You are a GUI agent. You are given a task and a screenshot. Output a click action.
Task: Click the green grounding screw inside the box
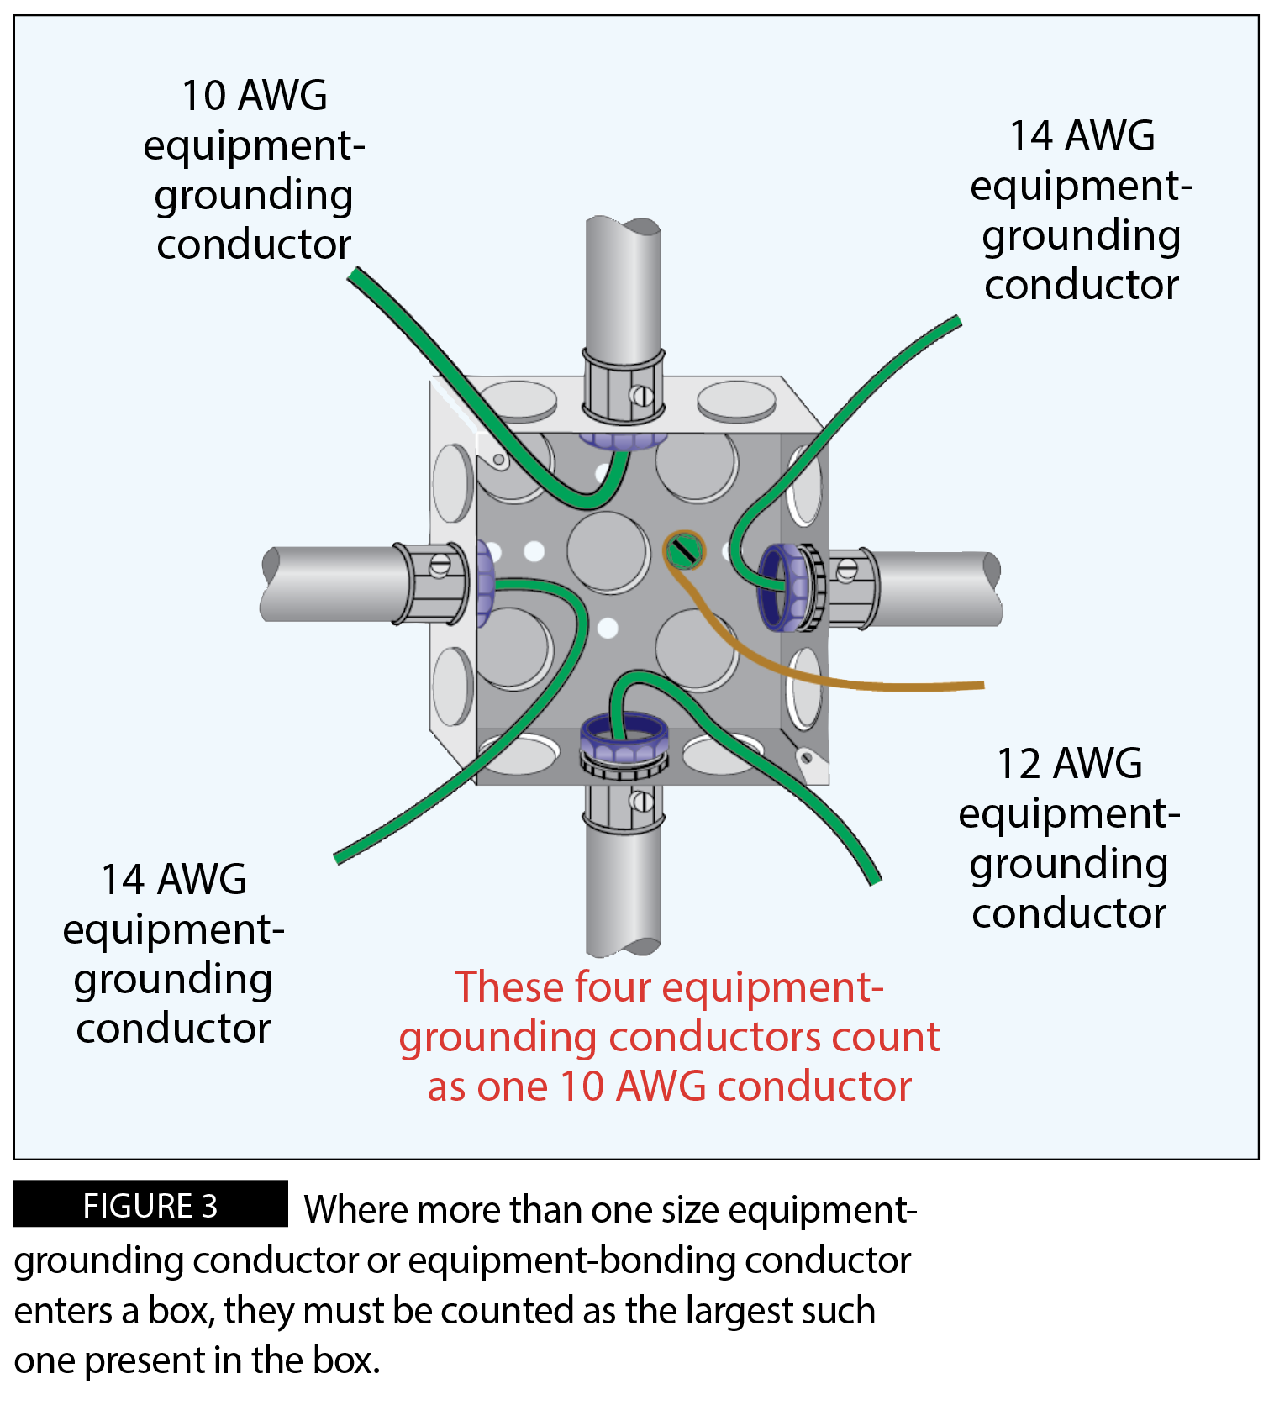click(x=684, y=551)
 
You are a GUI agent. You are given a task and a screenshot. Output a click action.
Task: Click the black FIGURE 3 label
click(x=150, y=1205)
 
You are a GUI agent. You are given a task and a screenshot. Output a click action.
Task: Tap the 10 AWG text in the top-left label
click(x=254, y=95)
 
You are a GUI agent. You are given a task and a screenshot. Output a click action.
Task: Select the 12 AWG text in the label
click(x=1069, y=764)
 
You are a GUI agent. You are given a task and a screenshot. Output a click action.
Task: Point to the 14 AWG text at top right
click(x=1082, y=136)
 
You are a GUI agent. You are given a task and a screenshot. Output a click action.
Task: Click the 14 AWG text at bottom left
click(x=173, y=880)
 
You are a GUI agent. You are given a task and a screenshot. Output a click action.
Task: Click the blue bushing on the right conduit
click(x=777, y=587)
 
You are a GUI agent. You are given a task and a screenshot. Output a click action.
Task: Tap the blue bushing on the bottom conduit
click(x=624, y=735)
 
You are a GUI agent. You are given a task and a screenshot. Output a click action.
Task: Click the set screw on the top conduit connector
click(x=641, y=394)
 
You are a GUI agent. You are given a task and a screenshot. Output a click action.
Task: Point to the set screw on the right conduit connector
click(x=847, y=571)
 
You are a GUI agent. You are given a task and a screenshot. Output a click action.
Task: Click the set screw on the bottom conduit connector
click(x=642, y=801)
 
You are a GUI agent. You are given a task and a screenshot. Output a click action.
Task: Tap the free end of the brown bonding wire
click(x=981, y=686)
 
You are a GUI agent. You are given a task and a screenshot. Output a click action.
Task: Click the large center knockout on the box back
click(x=608, y=551)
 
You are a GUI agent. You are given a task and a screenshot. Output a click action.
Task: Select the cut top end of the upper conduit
click(x=623, y=225)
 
